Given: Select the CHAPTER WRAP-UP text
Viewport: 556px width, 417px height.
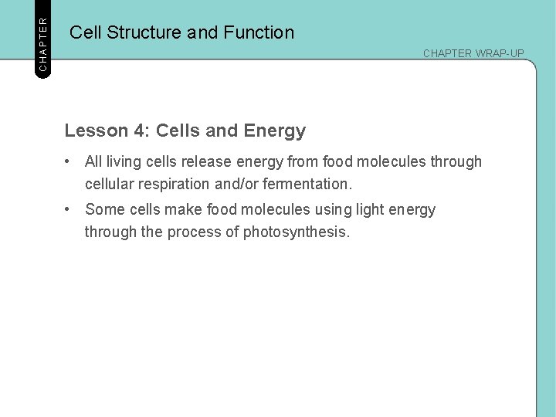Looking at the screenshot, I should (473, 53).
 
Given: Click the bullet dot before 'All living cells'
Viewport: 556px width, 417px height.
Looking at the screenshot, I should (69, 161).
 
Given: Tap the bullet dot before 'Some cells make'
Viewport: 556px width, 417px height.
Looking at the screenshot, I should (69, 209).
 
